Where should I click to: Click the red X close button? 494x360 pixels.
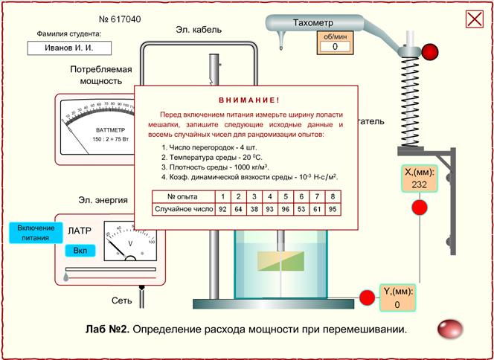pyautogui.click(x=474, y=19)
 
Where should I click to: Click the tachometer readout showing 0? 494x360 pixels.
pyautogui.click(x=334, y=46)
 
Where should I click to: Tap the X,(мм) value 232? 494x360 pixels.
pyautogui.click(x=419, y=185)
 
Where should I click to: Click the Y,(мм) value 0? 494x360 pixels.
pyautogui.click(x=397, y=305)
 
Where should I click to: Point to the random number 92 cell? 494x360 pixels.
pyautogui.click(x=222, y=210)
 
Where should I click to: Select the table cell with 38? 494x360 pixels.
pyautogui.click(x=254, y=210)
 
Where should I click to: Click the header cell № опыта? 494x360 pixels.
pyautogui.click(x=182, y=196)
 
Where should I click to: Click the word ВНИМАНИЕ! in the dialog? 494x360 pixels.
pyautogui.click(x=248, y=99)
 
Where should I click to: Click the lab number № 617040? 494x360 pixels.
pyautogui.click(x=120, y=19)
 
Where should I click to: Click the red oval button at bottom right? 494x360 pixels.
pyautogui.click(x=449, y=329)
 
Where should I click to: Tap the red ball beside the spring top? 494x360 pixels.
pyautogui.click(x=430, y=51)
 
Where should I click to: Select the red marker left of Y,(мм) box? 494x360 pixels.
pyautogui.click(x=366, y=298)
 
